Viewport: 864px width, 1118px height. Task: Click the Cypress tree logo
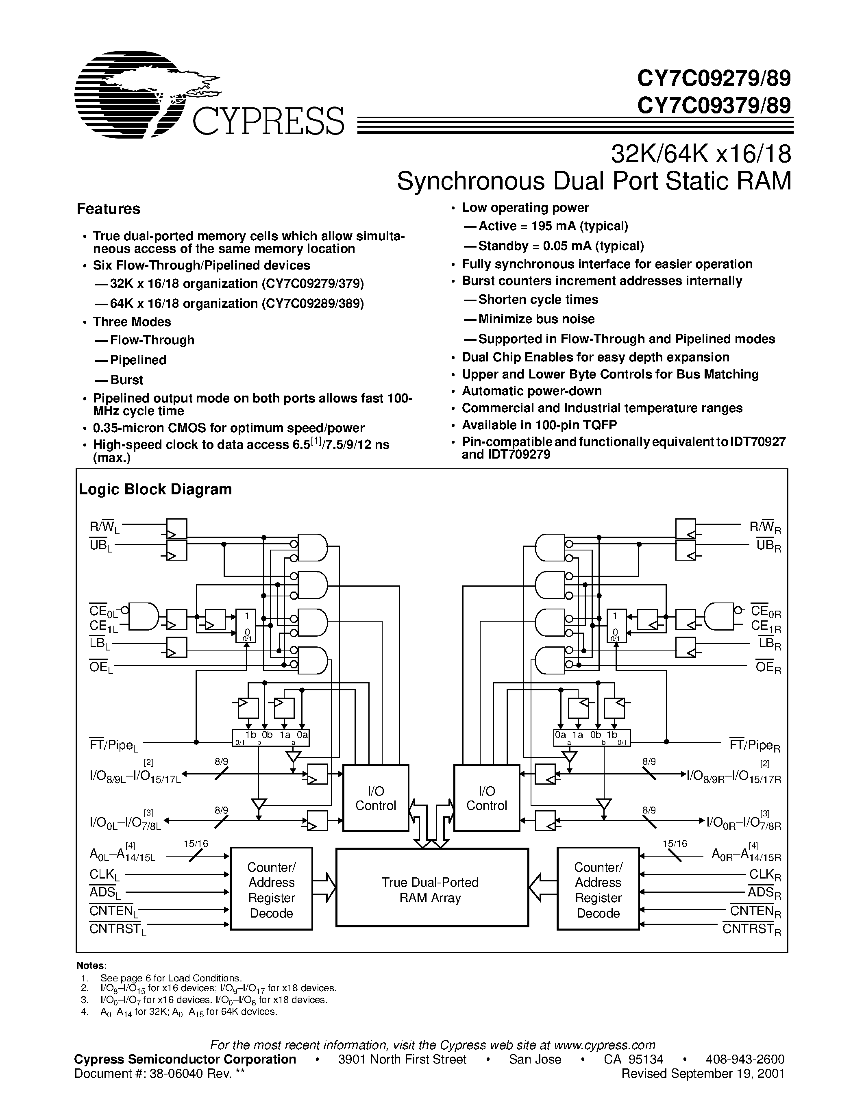pyautogui.click(x=148, y=95)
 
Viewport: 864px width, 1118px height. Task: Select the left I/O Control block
pyautogui.click(x=376, y=798)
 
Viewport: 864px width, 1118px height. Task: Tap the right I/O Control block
pyautogui.click(x=487, y=798)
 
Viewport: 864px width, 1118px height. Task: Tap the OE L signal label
pyautogui.click(x=101, y=667)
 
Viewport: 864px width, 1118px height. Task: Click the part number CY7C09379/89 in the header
pyautogui.click(x=714, y=105)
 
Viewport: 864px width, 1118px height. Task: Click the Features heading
pyautogui.click(x=108, y=209)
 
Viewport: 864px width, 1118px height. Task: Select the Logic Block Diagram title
pyautogui.click(x=155, y=489)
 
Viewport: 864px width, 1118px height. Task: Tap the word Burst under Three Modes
pyautogui.click(x=126, y=380)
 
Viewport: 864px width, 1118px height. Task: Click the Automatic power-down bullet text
pyautogui.click(x=532, y=391)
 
